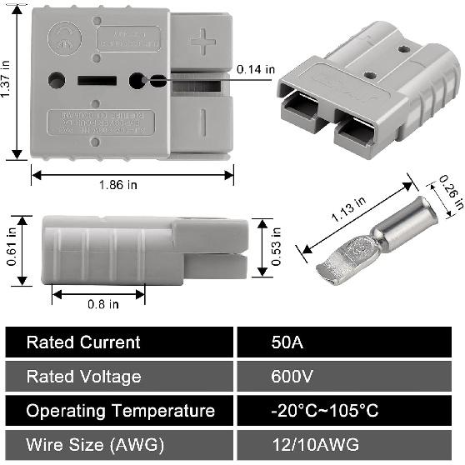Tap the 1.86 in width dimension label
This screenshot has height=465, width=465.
132,185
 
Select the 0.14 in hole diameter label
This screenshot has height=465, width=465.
256,70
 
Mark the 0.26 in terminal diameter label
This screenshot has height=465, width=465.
448,191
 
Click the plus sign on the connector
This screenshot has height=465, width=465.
202,40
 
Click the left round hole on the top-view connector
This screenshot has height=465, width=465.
57,81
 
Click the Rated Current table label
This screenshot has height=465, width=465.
83,342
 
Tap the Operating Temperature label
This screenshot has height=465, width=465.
120,411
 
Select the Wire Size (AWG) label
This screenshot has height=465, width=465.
95,444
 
